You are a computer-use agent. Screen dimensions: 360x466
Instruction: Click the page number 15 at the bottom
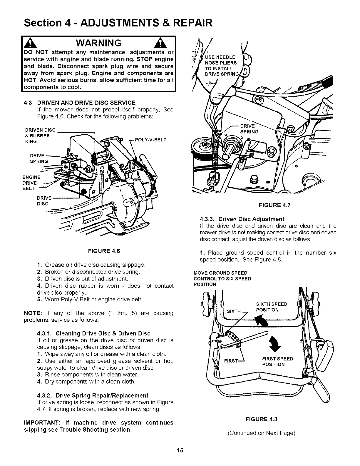[180, 450]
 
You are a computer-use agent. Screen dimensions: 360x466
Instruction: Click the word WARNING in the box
[98, 43]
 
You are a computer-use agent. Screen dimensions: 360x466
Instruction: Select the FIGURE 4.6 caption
[104, 251]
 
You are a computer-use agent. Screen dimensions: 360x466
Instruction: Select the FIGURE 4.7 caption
[274, 205]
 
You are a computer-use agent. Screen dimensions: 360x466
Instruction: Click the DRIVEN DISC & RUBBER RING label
[40, 136]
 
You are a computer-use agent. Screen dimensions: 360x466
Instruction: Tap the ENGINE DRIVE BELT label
[31, 183]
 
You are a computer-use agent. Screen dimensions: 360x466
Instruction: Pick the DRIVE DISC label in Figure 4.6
[44, 201]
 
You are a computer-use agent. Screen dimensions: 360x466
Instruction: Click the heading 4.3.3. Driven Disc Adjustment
[242, 219]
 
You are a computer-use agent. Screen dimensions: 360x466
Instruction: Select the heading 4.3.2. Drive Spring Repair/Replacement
[93, 395]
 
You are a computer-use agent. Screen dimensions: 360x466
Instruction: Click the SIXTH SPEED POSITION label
[272, 307]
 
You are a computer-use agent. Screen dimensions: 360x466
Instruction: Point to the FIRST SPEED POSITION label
[277, 362]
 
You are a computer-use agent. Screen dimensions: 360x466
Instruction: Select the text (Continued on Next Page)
[262, 433]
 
